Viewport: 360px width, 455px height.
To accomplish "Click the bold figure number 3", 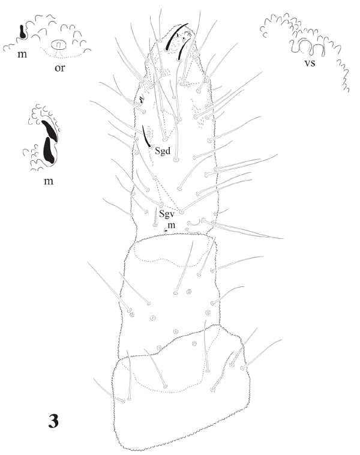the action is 53,421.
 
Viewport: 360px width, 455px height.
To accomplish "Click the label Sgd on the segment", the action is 163,151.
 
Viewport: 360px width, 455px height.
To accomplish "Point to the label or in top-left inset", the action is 60,68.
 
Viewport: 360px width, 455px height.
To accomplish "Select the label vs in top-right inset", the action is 310,63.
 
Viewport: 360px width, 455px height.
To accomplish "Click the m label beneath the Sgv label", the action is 172,226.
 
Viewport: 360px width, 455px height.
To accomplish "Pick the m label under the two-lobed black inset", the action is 49,181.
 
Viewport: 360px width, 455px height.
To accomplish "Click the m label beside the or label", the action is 22,54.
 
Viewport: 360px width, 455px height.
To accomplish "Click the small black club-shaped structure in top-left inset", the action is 22,32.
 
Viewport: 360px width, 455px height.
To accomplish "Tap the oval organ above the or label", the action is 59,44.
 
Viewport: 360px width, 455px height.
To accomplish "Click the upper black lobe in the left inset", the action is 50,131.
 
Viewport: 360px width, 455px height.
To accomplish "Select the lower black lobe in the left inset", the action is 49,149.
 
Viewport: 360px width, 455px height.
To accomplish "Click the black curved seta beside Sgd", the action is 146,136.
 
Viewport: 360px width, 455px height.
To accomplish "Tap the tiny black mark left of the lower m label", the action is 166,231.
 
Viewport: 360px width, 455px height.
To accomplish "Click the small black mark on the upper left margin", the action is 142,99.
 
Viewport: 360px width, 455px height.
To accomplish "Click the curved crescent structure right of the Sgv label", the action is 193,224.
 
